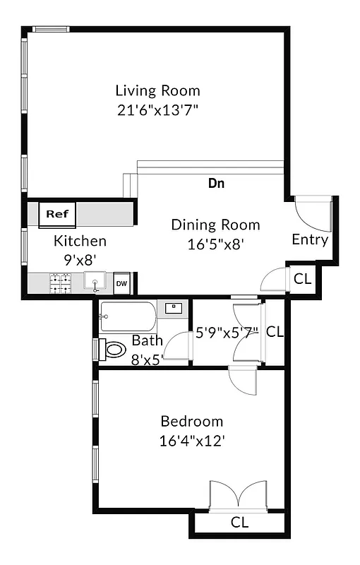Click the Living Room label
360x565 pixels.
pyautogui.click(x=157, y=90)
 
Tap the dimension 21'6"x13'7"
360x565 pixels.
pyautogui.click(x=157, y=110)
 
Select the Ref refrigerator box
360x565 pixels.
pyautogui.click(x=56, y=213)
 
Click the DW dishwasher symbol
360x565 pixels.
pyautogui.click(x=122, y=283)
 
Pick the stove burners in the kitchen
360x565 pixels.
pyautogui.click(x=59, y=283)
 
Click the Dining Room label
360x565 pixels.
pyautogui.click(x=215, y=225)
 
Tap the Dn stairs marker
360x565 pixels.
pyautogui.click(x=216, y=184)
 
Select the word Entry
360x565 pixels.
pyautogui.click(x=310, y=240)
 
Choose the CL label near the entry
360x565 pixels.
pyautogui.click(x=302, y=279)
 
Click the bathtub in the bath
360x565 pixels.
pyautogui.click(x=128, y=317)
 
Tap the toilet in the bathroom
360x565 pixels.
pyautogui.click(x=112, y=349)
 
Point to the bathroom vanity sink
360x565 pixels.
pyautogui.click(x=174, y=307)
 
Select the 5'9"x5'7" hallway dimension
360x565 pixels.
pyautogui.click(x=227, y=331)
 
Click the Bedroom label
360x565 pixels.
pyautogui.click(x=192, y=422)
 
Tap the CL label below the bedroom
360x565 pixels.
pyautogui.click(x=240, y=523)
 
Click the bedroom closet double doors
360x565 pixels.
pyautogui.click(x=239, y=494)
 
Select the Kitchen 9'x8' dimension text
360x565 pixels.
pyautogui.click(x=80, y=259)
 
